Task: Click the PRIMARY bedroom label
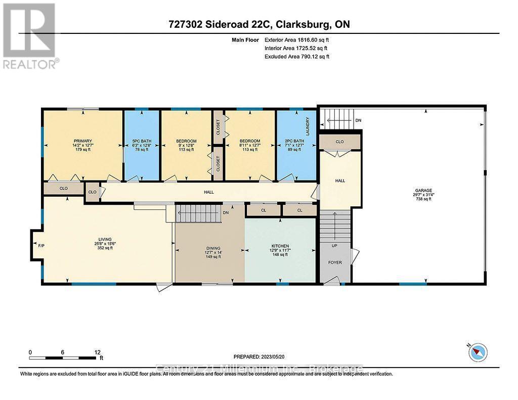82,141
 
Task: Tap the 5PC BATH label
142,141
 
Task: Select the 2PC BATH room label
296,141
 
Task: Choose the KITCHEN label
279,246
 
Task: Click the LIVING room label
105,239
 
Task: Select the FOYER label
335,262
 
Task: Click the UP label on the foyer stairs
334,246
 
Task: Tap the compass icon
477,352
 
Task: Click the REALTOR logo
29,35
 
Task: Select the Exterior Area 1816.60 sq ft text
299,39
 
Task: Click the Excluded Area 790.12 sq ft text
297,57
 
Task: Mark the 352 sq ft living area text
105,248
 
